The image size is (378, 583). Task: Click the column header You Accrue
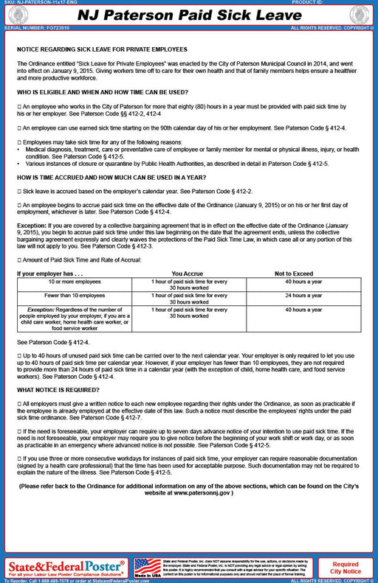coord(187,273)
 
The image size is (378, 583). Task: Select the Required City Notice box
coord(346,567)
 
